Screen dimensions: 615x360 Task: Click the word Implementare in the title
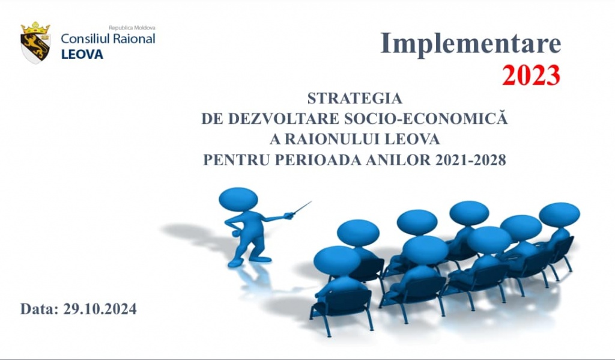(471, 43)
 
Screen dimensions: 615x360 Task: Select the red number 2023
(531, 75)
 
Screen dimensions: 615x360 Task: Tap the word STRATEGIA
(354, 98)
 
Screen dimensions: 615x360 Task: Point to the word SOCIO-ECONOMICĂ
(426, 118)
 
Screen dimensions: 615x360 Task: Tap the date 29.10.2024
(100, 309)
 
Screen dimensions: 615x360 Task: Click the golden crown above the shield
(35, 28)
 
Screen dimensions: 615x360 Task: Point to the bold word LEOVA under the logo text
(82, 55)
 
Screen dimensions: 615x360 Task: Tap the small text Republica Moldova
(132, 28)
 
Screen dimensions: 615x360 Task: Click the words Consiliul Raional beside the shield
(108, 38)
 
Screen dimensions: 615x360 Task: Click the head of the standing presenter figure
(238, 200)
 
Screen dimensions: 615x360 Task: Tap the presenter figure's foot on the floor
(259, 259)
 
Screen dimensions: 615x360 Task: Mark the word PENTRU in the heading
(237, 160)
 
